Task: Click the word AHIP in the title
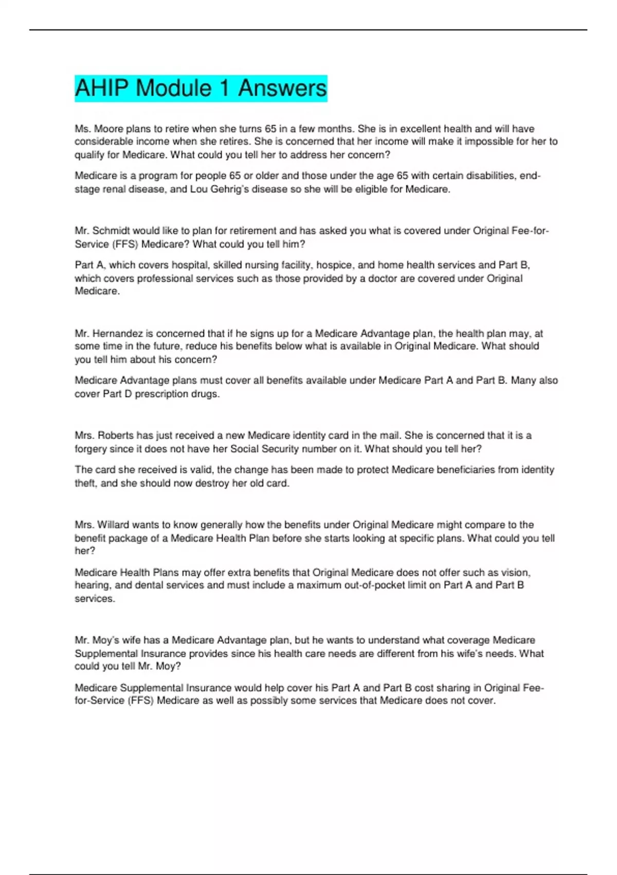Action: [x=101, y=88]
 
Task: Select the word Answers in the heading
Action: [x=282, y=88]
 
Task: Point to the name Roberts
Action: [x=116, y=435]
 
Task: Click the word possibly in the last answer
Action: [x=269, y=701]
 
